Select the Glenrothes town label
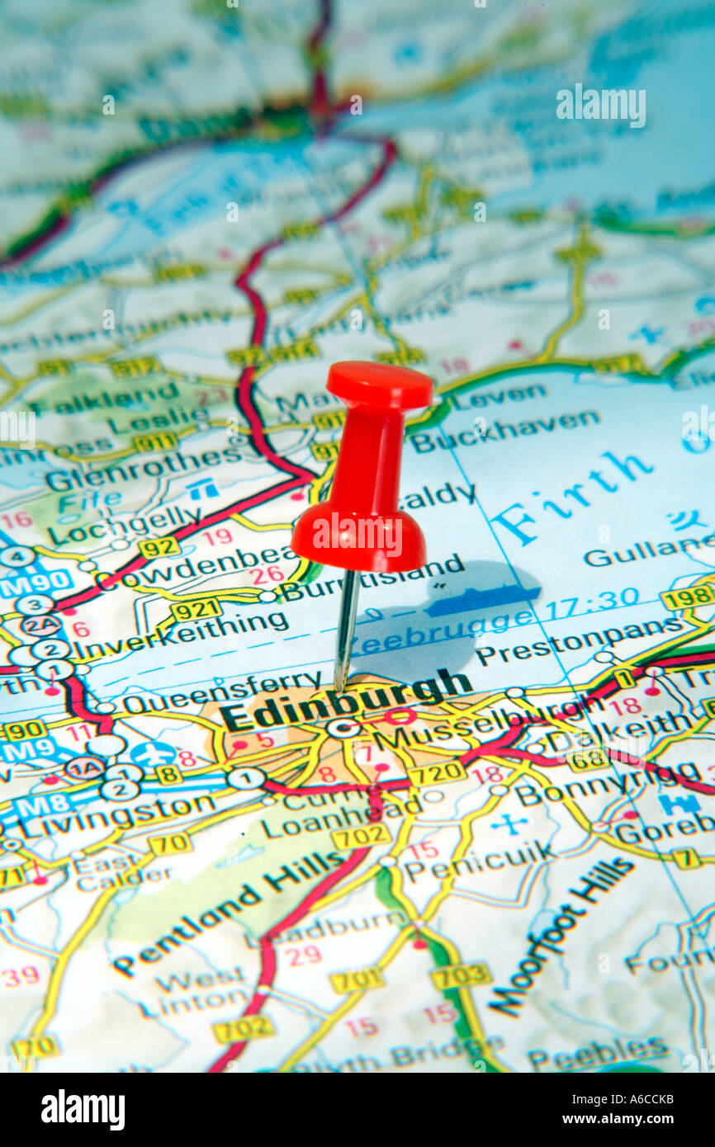[x=132, y=471]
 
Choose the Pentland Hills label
[x=227, y=912]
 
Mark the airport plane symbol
[x=154, y=753]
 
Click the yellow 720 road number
[x=436, y=772]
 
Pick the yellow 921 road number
[x=197, y=610]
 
